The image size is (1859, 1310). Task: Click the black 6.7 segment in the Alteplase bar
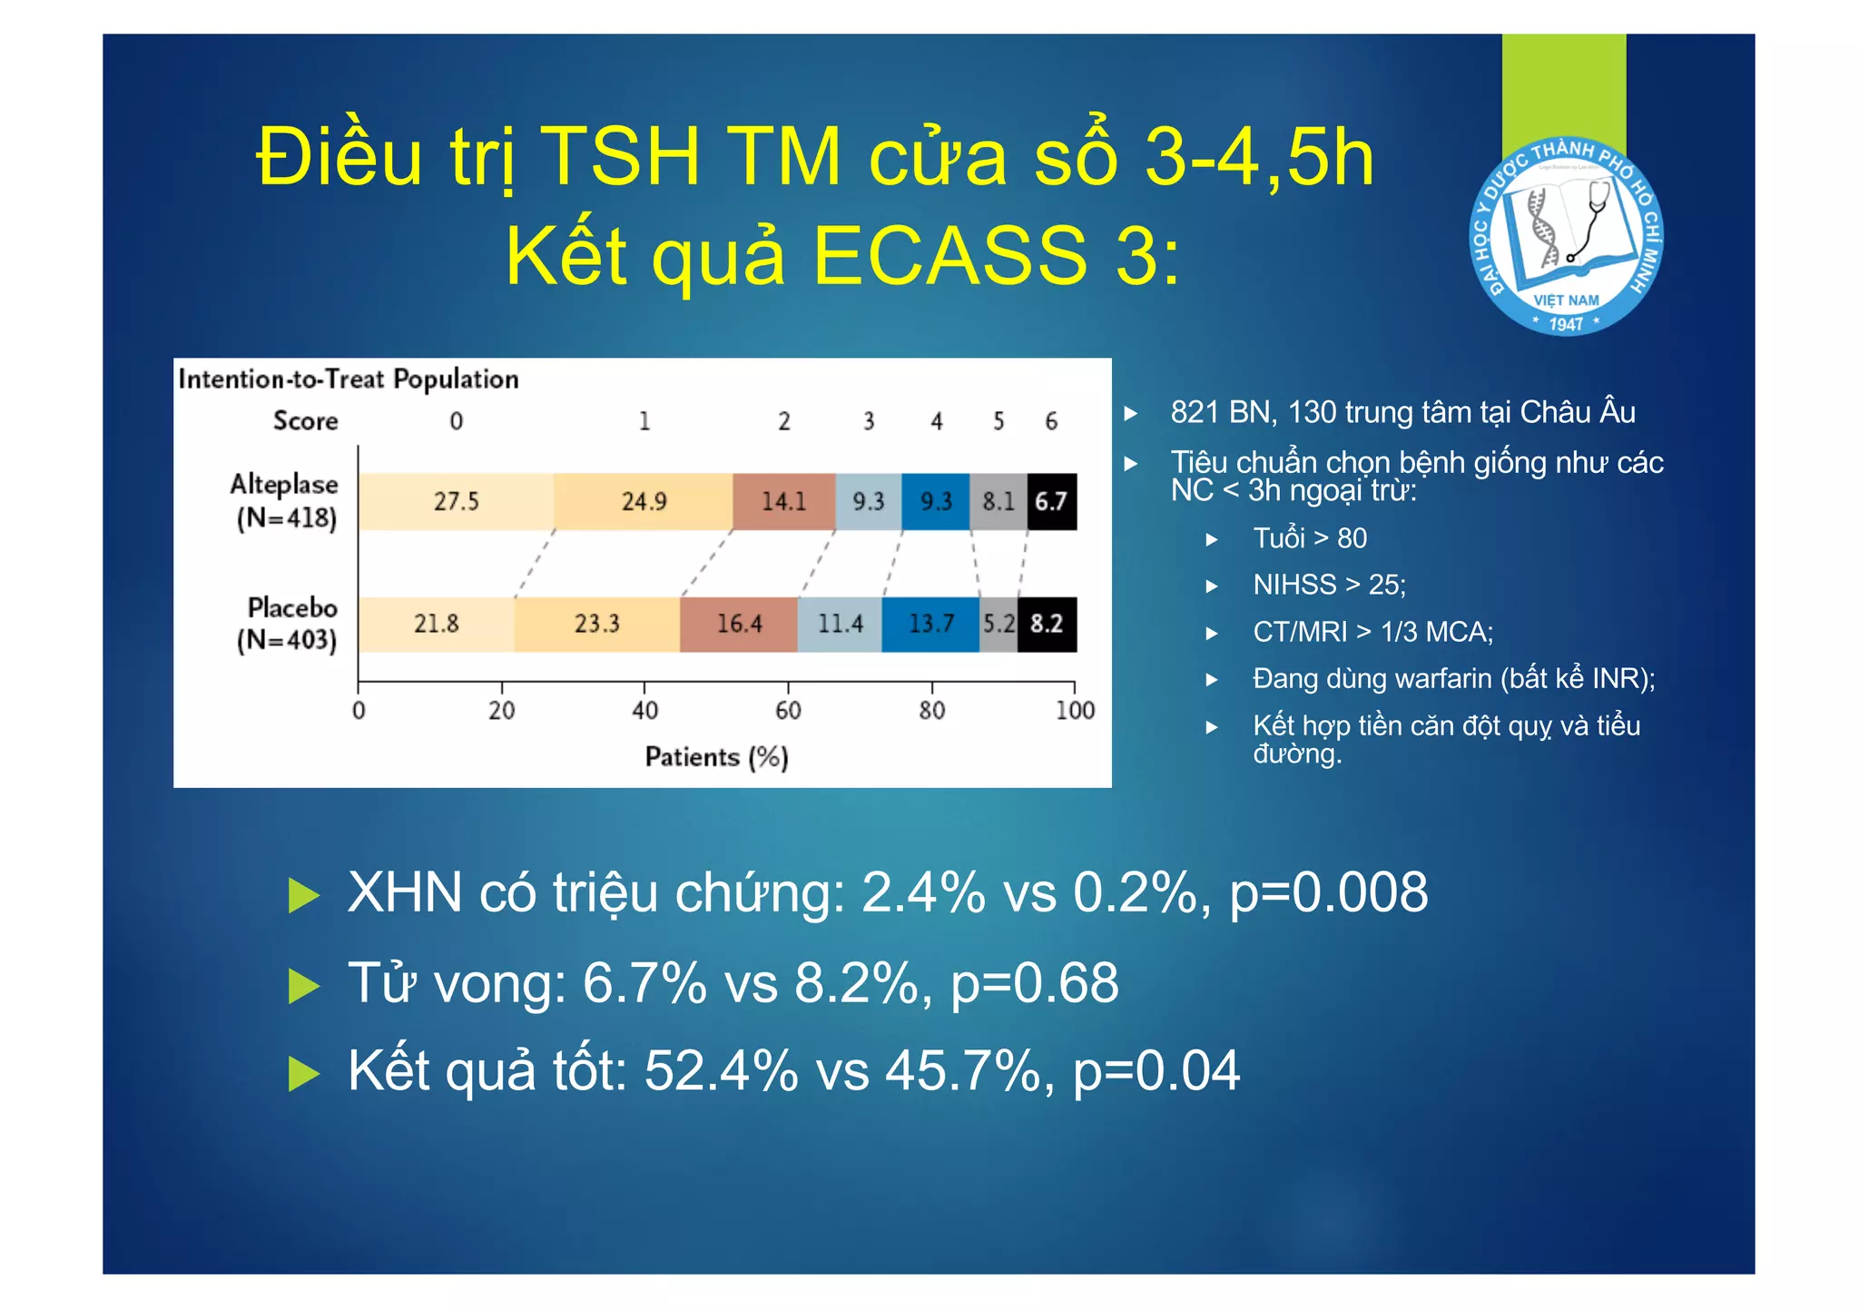tap(1051, 501)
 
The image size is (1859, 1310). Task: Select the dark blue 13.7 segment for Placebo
tap(930, 624)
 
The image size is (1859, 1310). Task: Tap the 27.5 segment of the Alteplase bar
tap(456, 501)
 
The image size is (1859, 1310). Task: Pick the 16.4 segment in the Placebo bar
tap(739, 624)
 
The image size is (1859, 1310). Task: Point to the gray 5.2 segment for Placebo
tap(998, 624)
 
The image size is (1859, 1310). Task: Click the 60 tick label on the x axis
tap(788, 710)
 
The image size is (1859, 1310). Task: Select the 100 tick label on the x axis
tap(1075, 710)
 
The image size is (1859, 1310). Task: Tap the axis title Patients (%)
tap(716, 757)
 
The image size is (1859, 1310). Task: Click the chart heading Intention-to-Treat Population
tap(349, 379)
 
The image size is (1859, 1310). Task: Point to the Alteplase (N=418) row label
tap(285, 501)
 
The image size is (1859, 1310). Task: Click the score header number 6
tap(1051, 421)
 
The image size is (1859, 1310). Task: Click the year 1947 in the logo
tap(1566, 324)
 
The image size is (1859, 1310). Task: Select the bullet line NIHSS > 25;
tap(1329, 585)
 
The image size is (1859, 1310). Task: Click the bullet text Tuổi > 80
tap(1309, 538)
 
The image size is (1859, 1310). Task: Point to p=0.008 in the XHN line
tap(1328, 892)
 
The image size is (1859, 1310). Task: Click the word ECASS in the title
tap(949, 256)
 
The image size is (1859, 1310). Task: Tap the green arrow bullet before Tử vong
tap(303, 985)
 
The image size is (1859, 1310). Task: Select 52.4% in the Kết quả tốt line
tap(721, 1071)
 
